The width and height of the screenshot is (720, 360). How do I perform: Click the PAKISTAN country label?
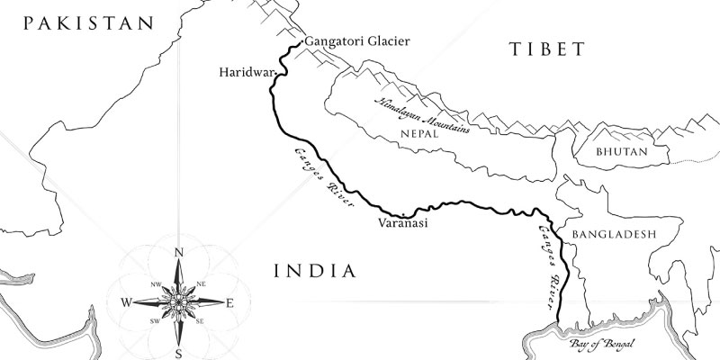coord(90,24)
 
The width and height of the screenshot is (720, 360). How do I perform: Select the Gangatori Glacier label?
coord(357,41)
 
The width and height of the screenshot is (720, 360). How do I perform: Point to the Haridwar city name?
coord(245,73)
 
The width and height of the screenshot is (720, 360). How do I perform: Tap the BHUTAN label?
coord(622,152)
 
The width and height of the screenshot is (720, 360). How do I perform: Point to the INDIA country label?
coord(314,270)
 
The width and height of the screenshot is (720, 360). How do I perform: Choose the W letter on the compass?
coord(129,302)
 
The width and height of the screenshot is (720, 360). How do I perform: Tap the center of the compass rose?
coord(179,301)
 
